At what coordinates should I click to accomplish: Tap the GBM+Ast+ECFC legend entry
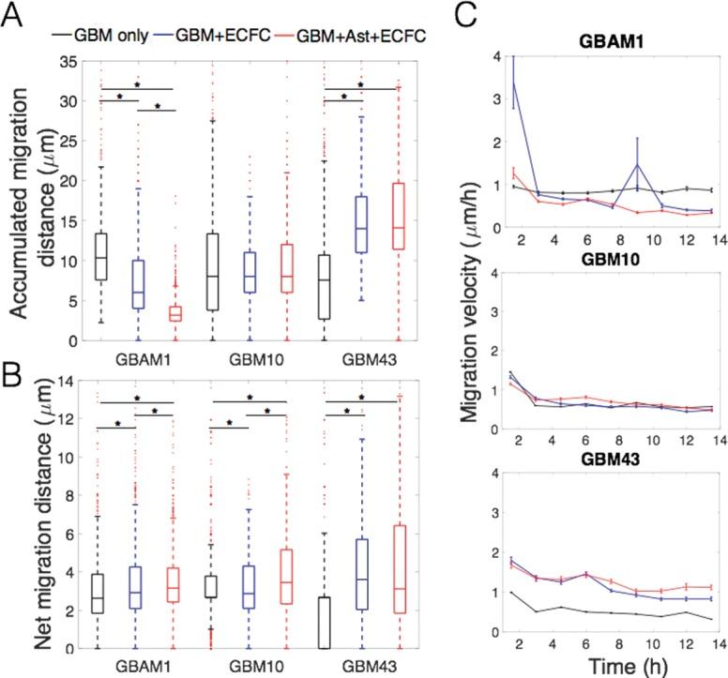point(357,36)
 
